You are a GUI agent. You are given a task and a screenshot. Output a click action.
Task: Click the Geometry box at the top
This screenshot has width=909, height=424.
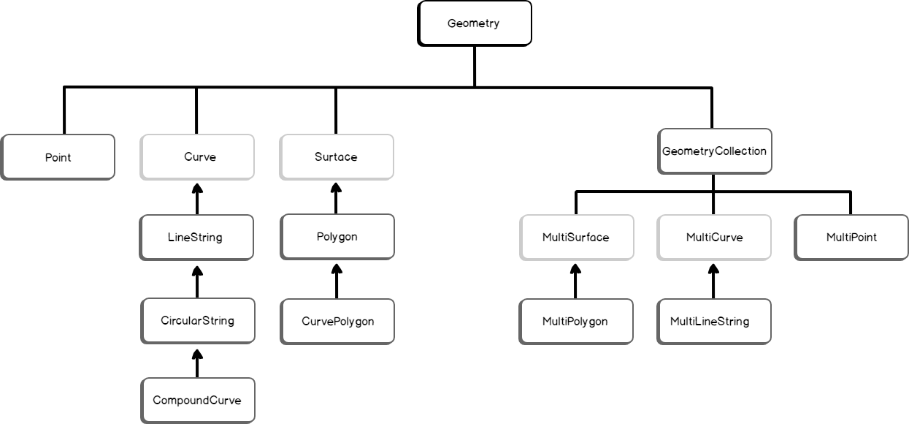coord(474,23)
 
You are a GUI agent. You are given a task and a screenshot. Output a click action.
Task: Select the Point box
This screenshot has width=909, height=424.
coord(58,157)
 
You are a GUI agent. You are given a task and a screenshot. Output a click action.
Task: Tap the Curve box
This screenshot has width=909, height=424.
coord(197,157)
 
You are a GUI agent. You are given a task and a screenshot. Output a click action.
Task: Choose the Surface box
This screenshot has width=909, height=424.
coord(337,157)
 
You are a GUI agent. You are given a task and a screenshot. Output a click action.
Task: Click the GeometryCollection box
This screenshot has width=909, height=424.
coord(714,151)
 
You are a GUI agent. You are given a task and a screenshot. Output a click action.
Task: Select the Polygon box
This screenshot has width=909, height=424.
coord(337,237)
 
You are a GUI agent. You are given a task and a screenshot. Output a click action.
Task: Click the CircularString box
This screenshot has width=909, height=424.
coord(197,320)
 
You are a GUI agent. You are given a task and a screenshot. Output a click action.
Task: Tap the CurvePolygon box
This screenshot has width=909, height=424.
coord(337,321)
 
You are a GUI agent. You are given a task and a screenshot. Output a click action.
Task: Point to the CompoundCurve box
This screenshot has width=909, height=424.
coord(197,400)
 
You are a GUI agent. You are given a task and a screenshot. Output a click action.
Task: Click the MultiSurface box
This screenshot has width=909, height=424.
coord(575,238)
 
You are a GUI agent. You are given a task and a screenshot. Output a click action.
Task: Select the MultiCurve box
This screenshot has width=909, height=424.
coord(714,238)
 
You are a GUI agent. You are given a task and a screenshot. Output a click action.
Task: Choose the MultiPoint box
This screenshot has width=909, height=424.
coord(851,238)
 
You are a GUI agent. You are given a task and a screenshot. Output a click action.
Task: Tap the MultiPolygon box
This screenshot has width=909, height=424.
coord(575,321)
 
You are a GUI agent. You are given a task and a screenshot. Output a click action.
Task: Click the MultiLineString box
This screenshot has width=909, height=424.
coord(714,321)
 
